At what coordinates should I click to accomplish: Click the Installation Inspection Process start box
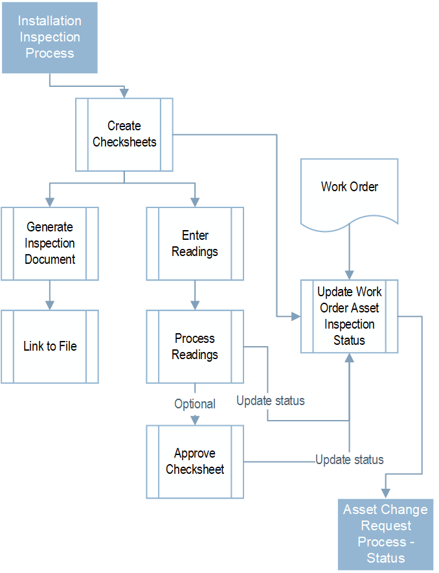(49, 37)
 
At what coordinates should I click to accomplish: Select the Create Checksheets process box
(124, 134)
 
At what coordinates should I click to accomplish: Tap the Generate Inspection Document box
(50, 243)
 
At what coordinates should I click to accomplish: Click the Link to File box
(50, 346)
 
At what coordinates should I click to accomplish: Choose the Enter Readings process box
(195, 243)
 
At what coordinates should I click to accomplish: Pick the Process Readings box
(195, 346)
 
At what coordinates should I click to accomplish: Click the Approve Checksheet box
(195, 461)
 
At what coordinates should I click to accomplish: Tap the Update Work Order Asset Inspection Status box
(350, 316)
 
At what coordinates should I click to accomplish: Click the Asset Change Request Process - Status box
(385, 533)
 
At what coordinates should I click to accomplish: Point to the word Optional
(195, 404)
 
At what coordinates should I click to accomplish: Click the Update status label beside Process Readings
(270, 401)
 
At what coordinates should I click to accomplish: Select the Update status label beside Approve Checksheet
(350, 460)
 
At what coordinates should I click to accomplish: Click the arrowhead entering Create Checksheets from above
(124, 93)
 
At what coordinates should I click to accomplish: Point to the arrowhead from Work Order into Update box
(350, 275)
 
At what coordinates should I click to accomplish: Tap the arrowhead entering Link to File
(50, 305)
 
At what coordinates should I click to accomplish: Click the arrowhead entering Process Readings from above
(195, 305)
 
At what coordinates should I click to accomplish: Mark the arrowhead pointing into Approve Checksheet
(195, 420)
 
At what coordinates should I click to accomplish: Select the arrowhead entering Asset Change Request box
(385, 494)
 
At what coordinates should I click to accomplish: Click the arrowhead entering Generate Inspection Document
(50, 202)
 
